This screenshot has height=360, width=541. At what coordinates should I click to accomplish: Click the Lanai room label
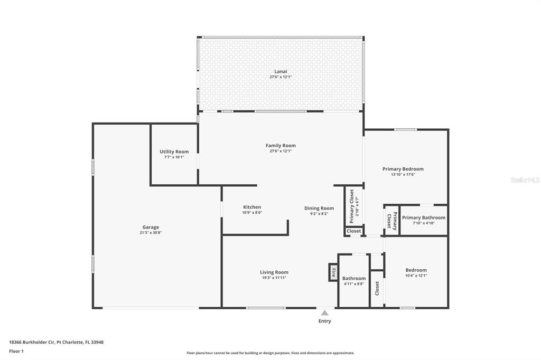(x=281, y=71)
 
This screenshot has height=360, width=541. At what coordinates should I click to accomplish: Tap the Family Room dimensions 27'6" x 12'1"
(x=281, y=151)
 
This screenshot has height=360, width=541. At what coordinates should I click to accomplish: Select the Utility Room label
(x=174, y=151)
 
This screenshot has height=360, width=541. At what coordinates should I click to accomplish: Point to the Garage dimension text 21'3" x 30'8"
(x=151, y=232)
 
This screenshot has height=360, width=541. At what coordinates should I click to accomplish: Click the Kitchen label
(x=252, y=207)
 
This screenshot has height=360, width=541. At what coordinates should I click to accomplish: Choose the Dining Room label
(x=319, y=209)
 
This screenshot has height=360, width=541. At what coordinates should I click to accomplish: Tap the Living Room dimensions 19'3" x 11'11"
(x=274, y=278)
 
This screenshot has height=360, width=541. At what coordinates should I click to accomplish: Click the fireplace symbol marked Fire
(x=333, y=272)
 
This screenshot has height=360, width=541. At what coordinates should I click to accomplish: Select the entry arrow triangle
(x=325, y=313)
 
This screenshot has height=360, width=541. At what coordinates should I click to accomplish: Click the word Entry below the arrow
(x=324, y=321)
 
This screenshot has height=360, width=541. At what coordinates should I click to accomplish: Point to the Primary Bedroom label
(x=403, y=169)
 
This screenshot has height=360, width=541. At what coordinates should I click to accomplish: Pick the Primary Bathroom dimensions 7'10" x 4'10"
(x=423, y=223)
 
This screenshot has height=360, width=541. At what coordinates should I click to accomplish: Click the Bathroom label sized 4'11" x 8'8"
(x=353, y=278)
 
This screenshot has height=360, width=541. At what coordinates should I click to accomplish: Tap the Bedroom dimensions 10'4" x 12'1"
(x=416, y=276)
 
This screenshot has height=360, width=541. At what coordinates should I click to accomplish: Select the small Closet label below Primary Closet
(x=353, y=231)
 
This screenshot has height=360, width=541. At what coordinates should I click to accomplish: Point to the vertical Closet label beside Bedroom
(x=377, y=288)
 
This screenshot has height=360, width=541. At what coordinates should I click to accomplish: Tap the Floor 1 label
(x=16, y=352)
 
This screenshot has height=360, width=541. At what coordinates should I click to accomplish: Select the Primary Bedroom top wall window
(x=406, y=130)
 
